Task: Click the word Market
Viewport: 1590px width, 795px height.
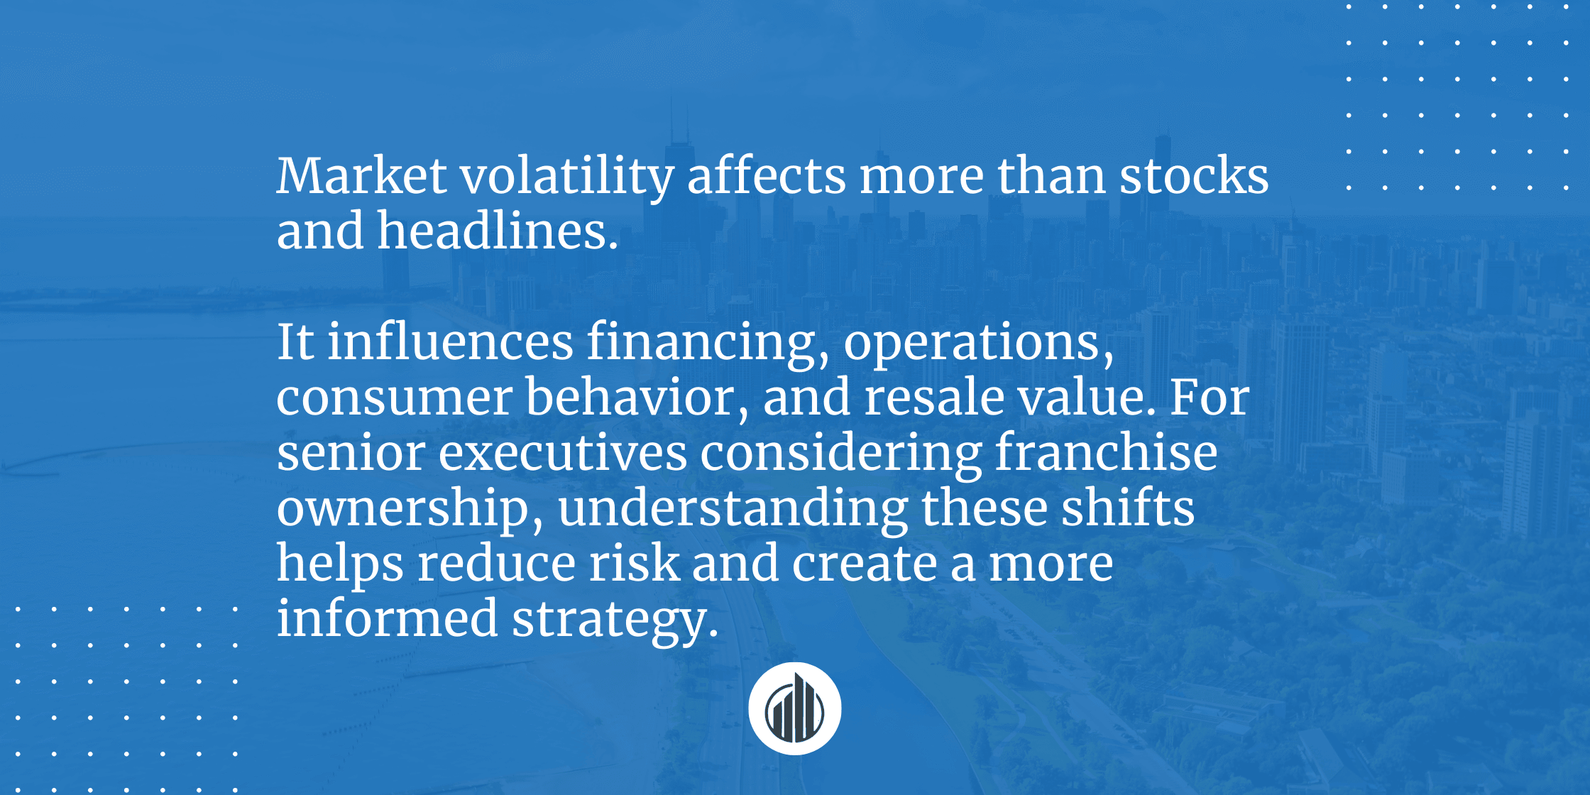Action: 361,176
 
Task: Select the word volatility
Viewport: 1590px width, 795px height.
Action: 567,176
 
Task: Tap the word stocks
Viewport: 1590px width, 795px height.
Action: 1194,176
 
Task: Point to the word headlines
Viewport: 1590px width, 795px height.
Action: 497,231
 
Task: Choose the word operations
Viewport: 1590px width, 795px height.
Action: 978,342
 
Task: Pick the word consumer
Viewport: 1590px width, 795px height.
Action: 394,397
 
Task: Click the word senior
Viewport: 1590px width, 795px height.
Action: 351,453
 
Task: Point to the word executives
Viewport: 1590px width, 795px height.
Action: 562,453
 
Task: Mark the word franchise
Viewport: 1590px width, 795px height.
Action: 1106,453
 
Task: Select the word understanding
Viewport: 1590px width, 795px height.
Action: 733,508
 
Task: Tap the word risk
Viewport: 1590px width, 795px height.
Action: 634,564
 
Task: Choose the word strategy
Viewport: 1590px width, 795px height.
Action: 615,619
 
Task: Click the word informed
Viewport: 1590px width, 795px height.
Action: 387,619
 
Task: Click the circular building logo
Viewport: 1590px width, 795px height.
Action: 794,708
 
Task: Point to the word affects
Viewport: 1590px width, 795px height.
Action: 766,176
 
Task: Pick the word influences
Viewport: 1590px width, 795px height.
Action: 450,342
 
